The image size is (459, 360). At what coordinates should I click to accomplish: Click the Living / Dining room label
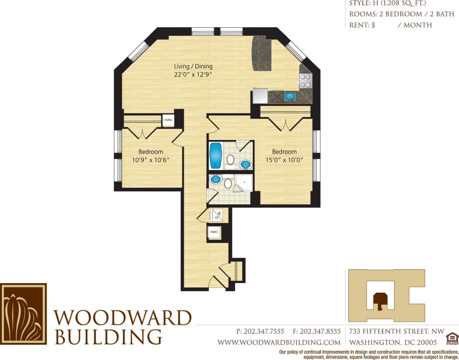point(193,66)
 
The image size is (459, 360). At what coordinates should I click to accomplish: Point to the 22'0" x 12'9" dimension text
point(193,74)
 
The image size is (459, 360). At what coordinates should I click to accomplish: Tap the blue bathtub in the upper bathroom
point(216,155)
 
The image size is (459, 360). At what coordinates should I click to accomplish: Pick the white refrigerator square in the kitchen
point(260,95)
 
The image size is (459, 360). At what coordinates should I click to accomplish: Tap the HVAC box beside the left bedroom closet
point(168,120)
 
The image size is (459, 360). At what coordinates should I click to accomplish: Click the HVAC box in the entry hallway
point(214,233)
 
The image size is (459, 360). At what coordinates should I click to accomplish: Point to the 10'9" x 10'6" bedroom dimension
point(150,160)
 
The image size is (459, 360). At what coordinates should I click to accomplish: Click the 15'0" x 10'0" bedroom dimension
point(284,160)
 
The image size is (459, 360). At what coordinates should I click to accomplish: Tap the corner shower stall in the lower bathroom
point(244,182)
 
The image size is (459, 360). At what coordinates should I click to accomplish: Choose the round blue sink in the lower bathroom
point(215,180)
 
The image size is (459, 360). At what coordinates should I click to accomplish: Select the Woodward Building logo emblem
point(23,314)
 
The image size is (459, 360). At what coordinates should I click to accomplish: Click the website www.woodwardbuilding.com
point(279,342)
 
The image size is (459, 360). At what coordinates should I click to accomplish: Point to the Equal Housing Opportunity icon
point(451,339)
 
